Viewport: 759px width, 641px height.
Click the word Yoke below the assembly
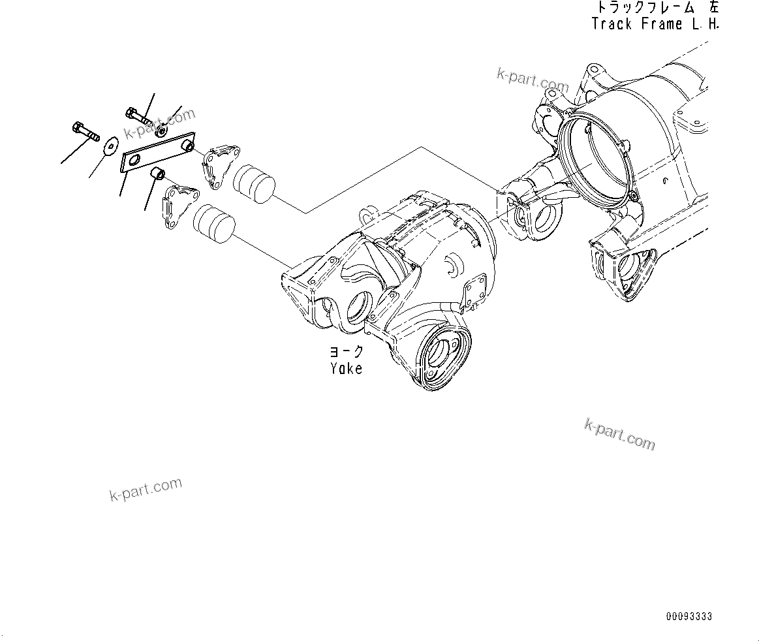(x=346, y=368)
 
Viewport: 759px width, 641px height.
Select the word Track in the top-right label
(x=612, y=24)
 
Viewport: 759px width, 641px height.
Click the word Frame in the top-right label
(x=659, y=24)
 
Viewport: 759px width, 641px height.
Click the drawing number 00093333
(x=689, y=616)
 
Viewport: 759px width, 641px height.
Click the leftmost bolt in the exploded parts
(x=83, y=130)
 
